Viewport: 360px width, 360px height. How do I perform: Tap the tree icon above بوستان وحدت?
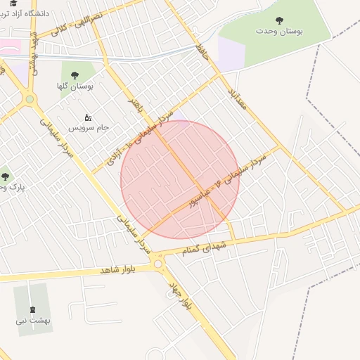click(x=280, y=20)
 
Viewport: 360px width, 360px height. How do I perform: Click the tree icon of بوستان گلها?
click(x=75, y=75)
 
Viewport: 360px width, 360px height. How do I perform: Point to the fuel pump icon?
click(x=88, y=117)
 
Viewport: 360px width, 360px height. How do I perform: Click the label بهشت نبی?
click(x=32, y=321)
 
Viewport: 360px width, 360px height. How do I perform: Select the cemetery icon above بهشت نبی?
click(x=32, y=309)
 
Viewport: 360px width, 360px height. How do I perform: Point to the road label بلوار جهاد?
click(x=181, y=293)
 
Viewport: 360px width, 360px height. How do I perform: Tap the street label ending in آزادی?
click(x=137, y=138)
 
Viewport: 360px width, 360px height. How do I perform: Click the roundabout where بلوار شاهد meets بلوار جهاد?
click(x=158, y=264)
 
